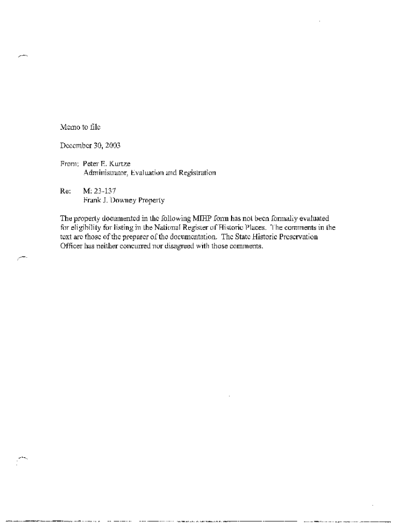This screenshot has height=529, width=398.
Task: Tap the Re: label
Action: click(65, 191)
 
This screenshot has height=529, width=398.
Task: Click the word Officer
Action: click(71, 245)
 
